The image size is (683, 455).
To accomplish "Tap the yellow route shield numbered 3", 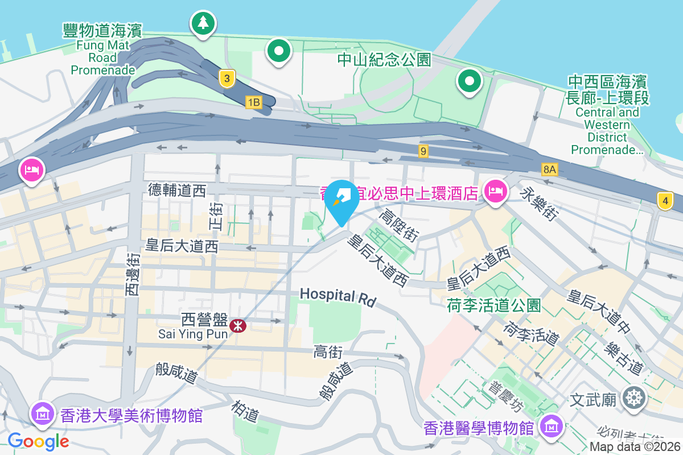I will [227, 79].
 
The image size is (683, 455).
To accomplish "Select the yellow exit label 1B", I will [253, 102].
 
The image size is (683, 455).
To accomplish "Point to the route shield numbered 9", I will [422, 151].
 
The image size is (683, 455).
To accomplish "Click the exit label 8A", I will [549, 169].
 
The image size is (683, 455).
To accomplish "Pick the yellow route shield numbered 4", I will [664, 201].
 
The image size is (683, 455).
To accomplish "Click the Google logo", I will [38, 441].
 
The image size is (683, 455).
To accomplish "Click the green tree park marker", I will [202, 23].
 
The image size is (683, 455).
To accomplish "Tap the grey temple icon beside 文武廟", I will [633, 398].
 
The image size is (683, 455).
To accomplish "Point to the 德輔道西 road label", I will [176, 191].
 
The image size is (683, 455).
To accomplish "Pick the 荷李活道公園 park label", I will [493, 305].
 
